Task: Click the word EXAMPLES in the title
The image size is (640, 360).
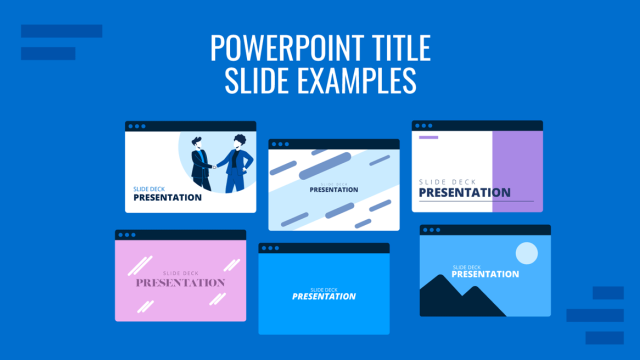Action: point(359,80)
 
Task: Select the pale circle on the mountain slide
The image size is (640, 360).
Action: point(525,253)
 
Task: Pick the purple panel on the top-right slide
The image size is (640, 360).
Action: point(517,170)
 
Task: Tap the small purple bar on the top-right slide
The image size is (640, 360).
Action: point(429,138)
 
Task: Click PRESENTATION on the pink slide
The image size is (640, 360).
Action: point(180,283)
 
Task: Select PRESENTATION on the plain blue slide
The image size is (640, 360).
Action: point(323,296)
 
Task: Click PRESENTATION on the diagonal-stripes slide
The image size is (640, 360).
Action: point(333,189)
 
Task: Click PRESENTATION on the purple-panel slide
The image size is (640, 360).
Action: point(464,192)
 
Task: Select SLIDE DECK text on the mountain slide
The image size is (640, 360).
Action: point(467,267)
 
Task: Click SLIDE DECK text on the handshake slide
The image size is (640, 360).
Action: point(149,187)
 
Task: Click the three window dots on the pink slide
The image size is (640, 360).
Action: point(126,235)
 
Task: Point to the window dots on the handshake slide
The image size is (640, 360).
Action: point(136,127)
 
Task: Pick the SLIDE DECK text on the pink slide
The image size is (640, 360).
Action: point(180,271)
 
